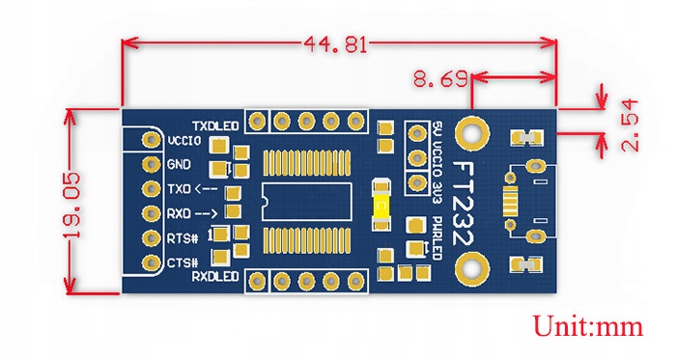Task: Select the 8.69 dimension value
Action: pyautogui.click(x=437, y=76)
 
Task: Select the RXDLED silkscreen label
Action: pyautogui.click(x=213, y=277)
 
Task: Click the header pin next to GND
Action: pyautogui.click(x=151, y=165)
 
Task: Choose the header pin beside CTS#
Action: pyautogui.click(x=151, y=261)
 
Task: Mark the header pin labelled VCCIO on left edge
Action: pyautogui.click(x=151, y=141)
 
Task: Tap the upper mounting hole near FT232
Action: pyautogui.click(x=473, y=131)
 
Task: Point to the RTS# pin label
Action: pyautogui.click(x=183, y=237)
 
